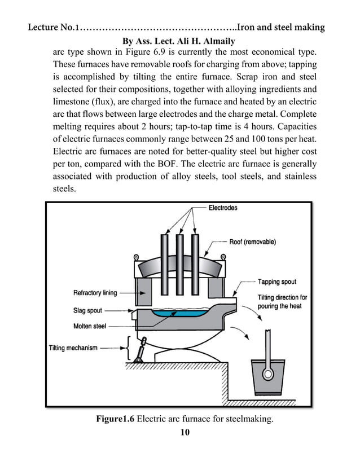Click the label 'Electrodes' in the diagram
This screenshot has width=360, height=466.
click(223, 208)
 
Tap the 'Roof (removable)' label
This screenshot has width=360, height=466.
click(252, 242)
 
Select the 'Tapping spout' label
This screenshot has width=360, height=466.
click(276, 282)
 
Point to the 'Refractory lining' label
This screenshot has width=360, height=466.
click(95, 293)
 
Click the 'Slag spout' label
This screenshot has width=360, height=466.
click(87, 310)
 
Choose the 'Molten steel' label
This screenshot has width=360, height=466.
click(90, 326)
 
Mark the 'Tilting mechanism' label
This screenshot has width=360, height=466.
click(72, 348)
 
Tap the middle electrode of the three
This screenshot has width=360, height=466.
click(180, 257)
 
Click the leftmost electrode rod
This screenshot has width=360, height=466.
click(165, 257)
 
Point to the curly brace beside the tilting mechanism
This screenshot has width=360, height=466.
click(131, 349)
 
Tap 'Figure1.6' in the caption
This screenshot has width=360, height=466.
click(116, 419)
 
